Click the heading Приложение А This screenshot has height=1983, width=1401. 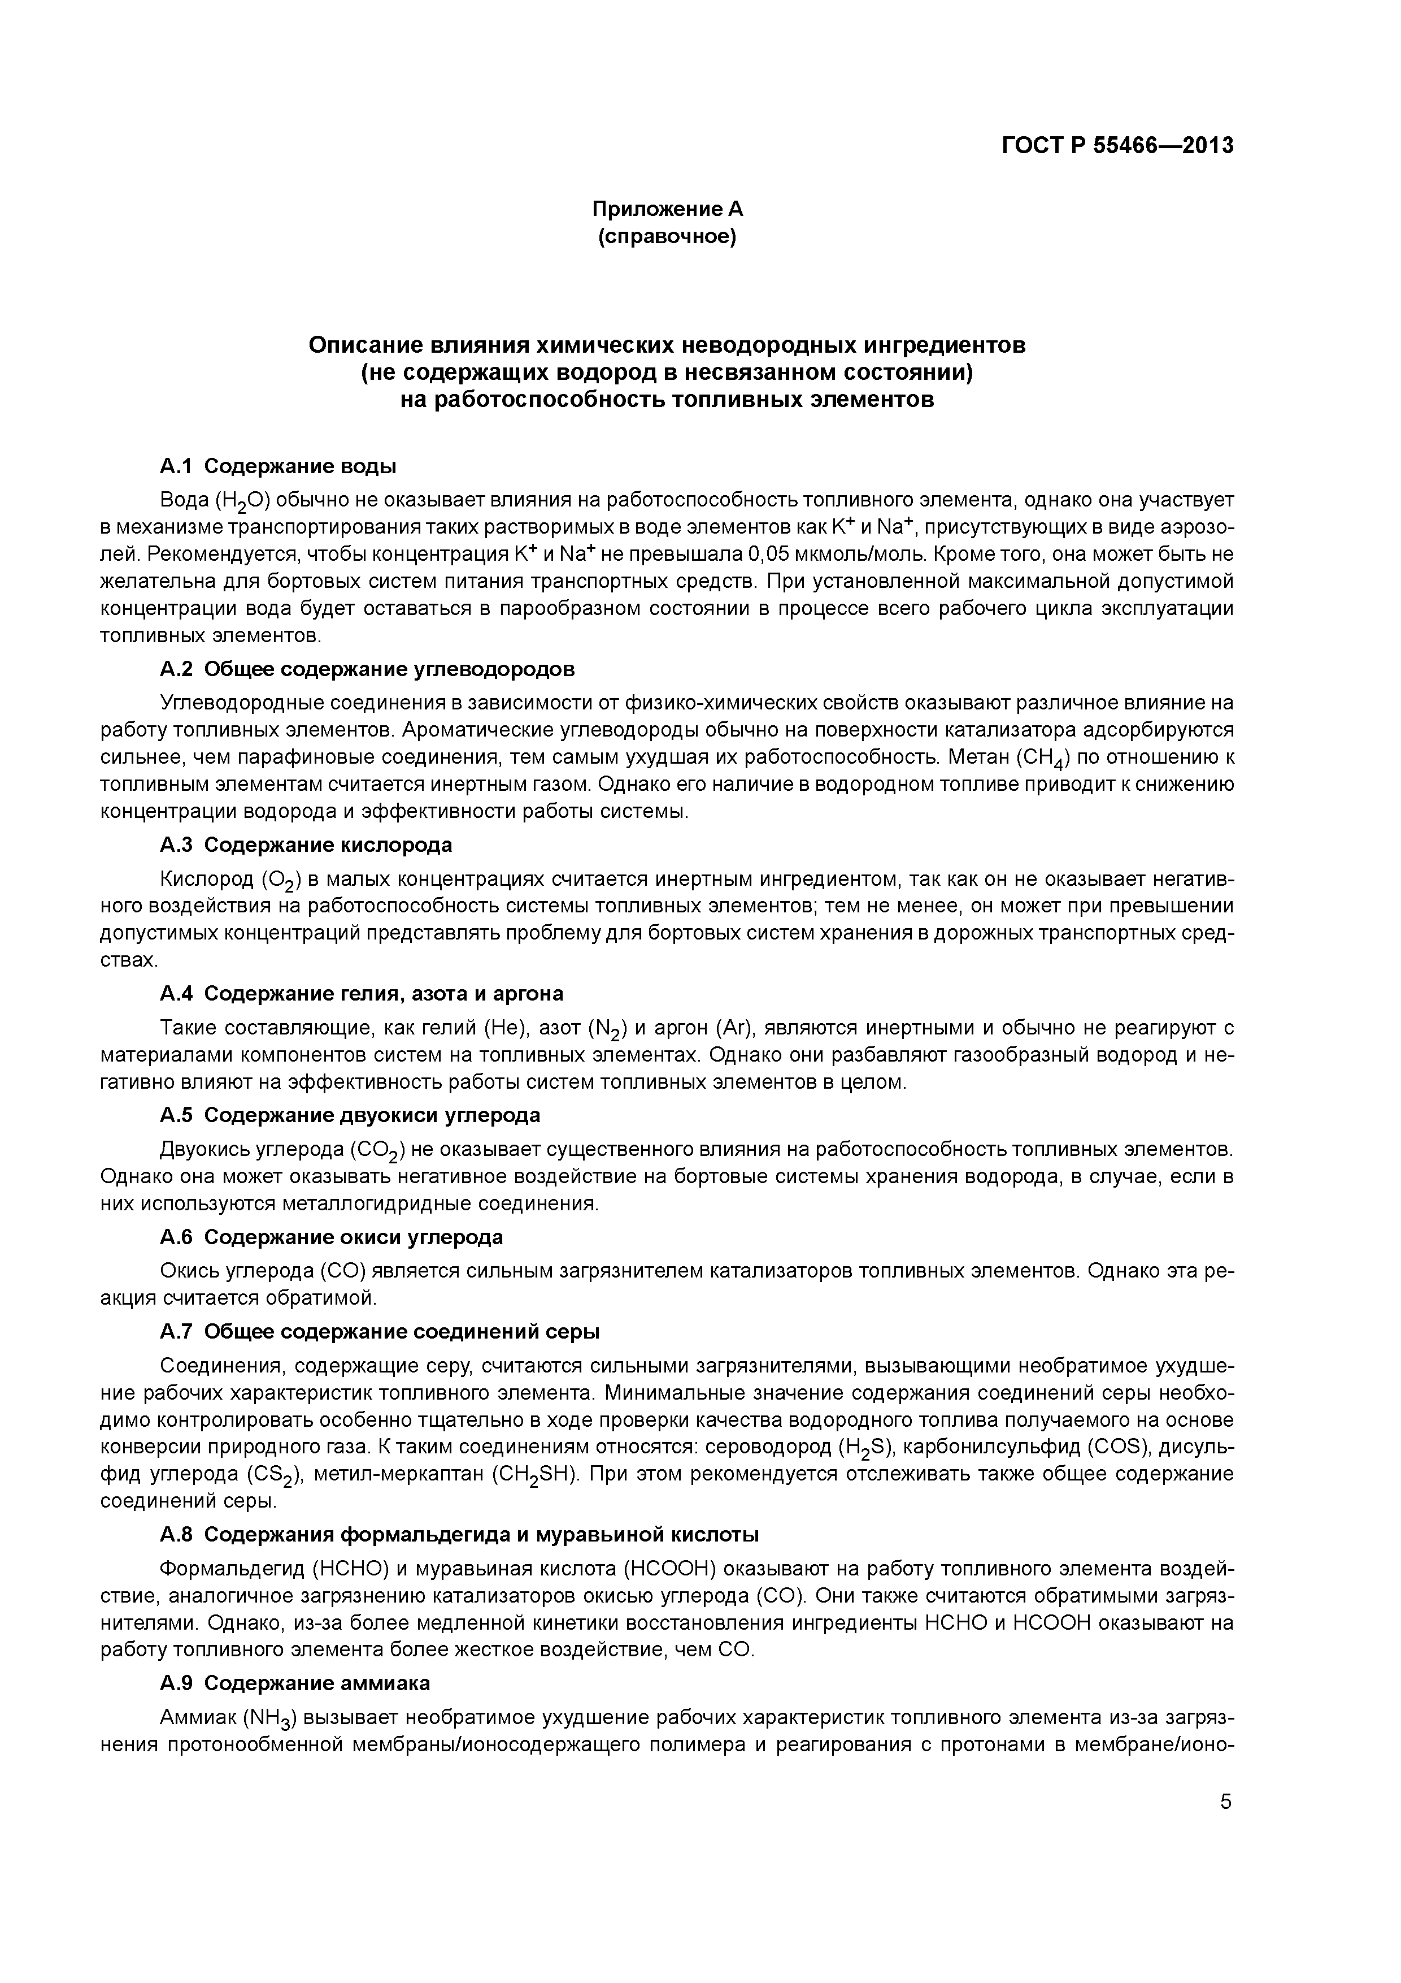click(667, 209)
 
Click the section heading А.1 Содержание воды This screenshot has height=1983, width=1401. click(278, 467)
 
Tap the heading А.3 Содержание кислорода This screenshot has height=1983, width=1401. click(306, 845)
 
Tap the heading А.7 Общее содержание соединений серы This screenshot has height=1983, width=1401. click(379, 1332)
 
